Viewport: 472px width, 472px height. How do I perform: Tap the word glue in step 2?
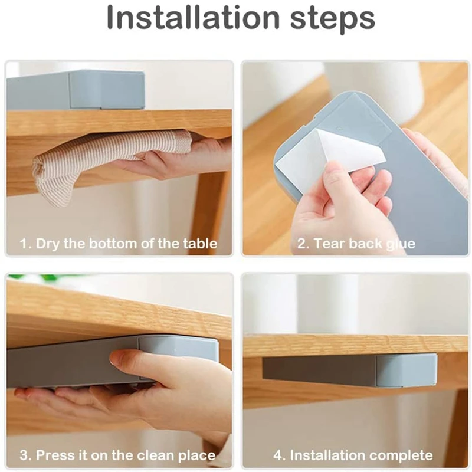(x=401, y=244)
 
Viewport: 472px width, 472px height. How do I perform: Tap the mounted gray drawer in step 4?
(x=350, y=371)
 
